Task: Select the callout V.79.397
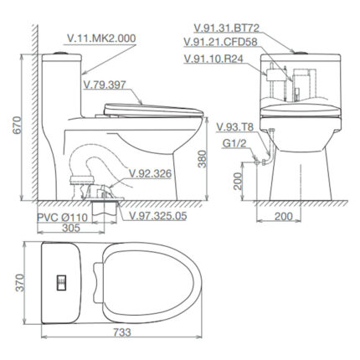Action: coord(107,84)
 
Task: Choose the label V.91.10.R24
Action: coord(215,58)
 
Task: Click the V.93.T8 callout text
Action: coord(234,126)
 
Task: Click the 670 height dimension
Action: coord(9,124)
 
